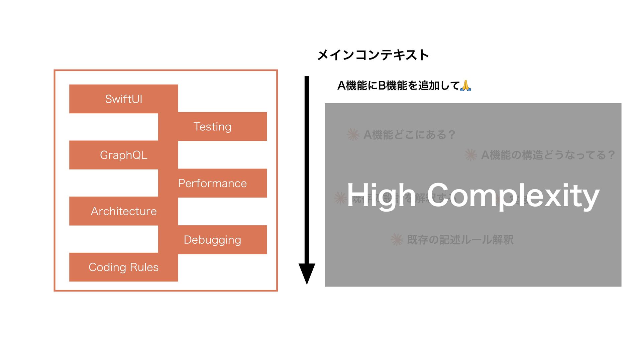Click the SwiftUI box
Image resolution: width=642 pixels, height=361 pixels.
tap(123, 99)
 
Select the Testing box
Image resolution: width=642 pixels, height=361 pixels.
tap(212, 127)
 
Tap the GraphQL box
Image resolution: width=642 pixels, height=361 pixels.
tap(123, 155)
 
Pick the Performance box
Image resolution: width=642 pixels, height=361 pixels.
tap(212, 183)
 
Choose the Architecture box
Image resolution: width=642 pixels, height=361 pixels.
tap(123, 211)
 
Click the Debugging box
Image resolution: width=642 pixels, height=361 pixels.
tap(212, 240)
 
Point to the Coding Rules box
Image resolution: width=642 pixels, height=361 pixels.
tap(123, 267)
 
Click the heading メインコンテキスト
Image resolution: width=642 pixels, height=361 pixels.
tap(373, 55)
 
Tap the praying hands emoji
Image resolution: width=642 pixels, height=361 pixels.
tap(465, 86)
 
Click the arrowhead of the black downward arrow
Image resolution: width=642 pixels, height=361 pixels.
tap(307, 273)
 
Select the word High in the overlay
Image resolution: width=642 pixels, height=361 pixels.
tap(381, 196)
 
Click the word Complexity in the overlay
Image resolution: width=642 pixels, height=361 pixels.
tap(513, 196)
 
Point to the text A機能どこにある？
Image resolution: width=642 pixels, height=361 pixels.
tap(409, 135)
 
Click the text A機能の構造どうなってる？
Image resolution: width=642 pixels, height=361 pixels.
tap(548, 155)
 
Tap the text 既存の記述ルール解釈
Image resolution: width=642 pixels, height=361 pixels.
tap(460, 240)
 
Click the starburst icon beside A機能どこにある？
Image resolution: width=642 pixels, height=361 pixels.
tap(353, 135)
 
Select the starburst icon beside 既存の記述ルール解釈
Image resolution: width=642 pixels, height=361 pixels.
tap(397, 240)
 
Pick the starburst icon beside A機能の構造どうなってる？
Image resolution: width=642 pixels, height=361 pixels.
tap(471, 155)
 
